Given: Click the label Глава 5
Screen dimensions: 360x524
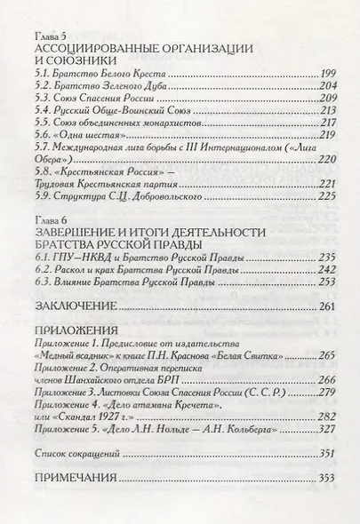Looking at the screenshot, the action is point(42,33).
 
